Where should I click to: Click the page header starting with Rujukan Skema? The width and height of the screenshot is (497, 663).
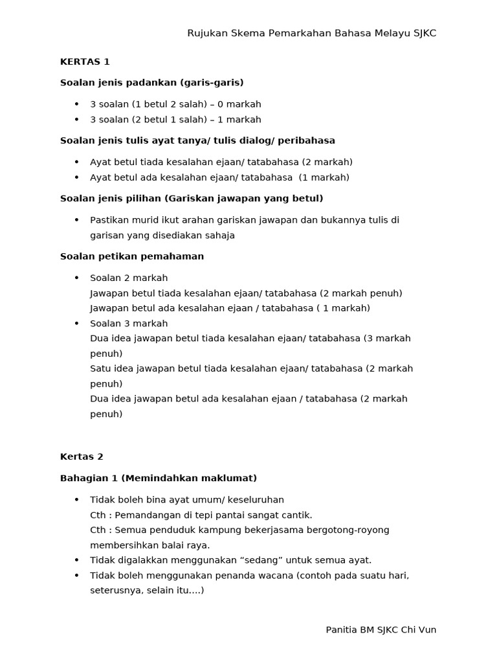tap(311, 33)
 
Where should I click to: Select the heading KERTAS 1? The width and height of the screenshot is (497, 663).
tap(85, 62)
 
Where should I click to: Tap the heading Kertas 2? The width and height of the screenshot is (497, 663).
tap(82, 456)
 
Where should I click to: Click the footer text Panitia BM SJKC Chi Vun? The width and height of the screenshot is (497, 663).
tap(381, 629)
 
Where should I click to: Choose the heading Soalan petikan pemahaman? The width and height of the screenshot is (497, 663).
tap(132, 256)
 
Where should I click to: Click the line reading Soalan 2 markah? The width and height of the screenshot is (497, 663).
tap(129, 278)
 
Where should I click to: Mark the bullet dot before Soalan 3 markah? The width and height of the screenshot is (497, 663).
tap(76, 323)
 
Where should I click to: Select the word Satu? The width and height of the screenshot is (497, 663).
tap(100, 368)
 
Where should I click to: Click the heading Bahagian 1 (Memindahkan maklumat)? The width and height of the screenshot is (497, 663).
tap(159, 478)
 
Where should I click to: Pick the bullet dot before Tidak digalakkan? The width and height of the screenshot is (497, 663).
tap(76, 560)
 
